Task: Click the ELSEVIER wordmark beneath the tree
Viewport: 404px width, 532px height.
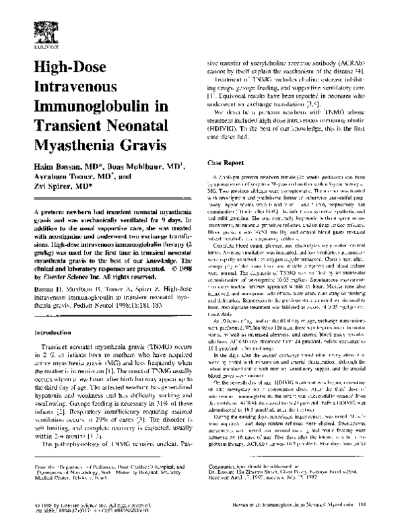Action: point(36,50)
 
